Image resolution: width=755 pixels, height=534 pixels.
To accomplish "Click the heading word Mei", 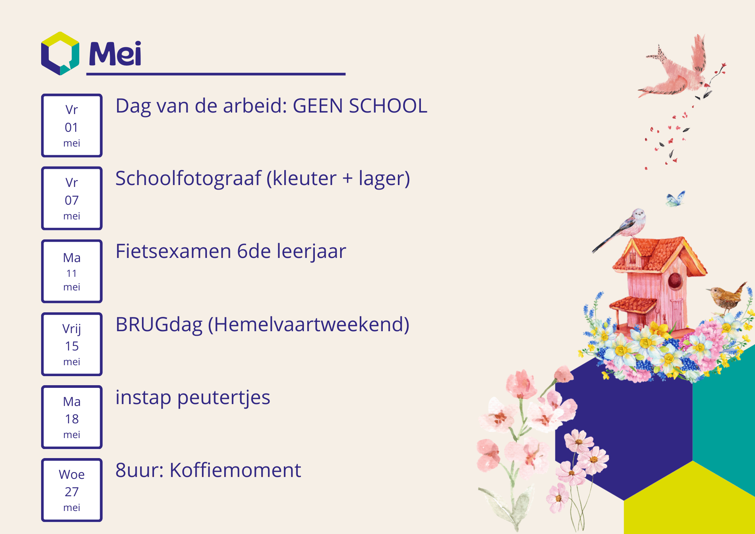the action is tap(115, 54).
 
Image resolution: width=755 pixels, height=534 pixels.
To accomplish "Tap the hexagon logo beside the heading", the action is tap(60, 53).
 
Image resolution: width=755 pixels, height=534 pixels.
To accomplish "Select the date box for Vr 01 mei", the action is tap(72, 125).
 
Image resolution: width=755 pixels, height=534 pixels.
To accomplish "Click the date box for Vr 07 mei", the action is tap(72, 198).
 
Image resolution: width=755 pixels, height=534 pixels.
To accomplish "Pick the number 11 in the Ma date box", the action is tap(72, 273).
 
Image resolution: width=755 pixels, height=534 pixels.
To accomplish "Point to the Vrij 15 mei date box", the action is tap(72, 344).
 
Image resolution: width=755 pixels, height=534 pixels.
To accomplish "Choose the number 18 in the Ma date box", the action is tap(72, 419).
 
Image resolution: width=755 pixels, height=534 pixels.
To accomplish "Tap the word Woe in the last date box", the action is tap(72, 474).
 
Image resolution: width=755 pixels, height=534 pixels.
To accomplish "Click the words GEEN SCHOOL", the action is tap(360, 106).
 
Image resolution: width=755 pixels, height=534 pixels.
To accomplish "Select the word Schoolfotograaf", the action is tap(188, 179).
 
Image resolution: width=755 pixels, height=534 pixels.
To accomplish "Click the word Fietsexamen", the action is tap(173, 251).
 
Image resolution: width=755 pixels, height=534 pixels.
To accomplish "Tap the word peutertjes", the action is tap(224, 398).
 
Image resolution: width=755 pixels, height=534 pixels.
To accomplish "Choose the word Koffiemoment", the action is tap(235, 470).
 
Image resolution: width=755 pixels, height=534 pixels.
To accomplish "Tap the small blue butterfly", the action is tap(675, 199).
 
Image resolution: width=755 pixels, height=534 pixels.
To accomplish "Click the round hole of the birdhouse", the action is tap(675, 281).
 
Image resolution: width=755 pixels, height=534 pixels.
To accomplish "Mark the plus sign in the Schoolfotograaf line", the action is tap(348, 179).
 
